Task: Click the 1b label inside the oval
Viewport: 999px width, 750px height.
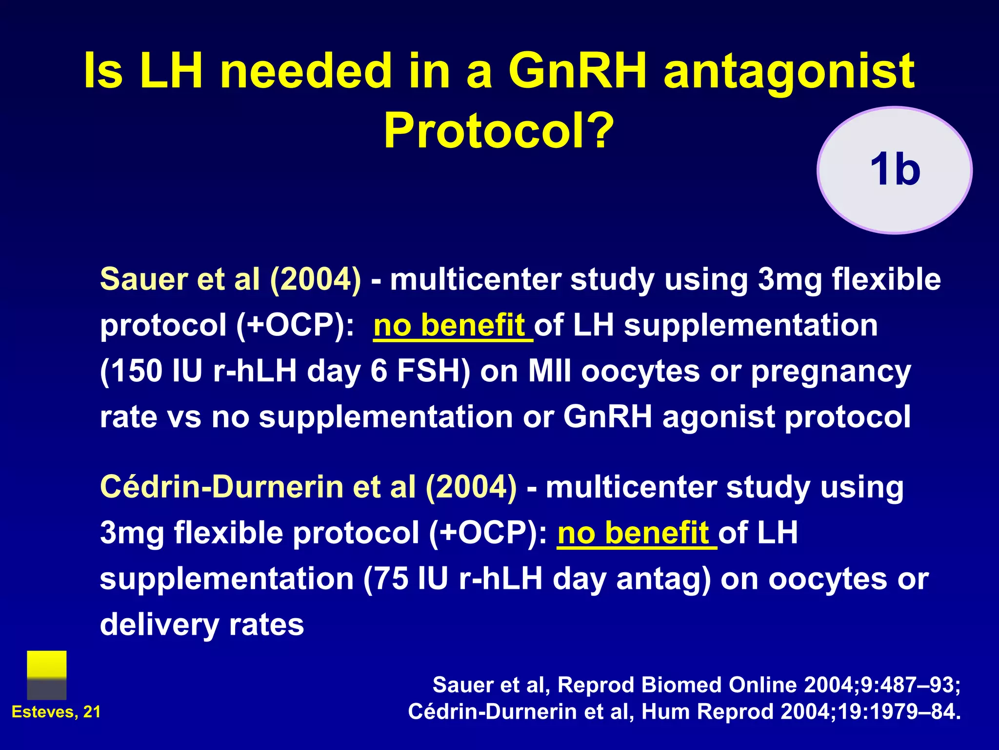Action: click(895, 169)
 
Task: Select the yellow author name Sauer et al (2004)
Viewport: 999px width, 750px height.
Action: click(231, 279)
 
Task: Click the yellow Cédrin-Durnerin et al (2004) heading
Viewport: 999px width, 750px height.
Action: click(308, 487)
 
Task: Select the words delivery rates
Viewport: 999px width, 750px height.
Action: click(202, 625)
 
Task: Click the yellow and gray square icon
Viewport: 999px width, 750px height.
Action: click(47, 675)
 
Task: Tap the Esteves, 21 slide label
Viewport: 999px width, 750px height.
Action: click(56, 712)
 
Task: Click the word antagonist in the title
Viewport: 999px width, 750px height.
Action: click(789, 71)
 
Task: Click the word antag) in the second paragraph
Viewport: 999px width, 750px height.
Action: click(663, 579)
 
